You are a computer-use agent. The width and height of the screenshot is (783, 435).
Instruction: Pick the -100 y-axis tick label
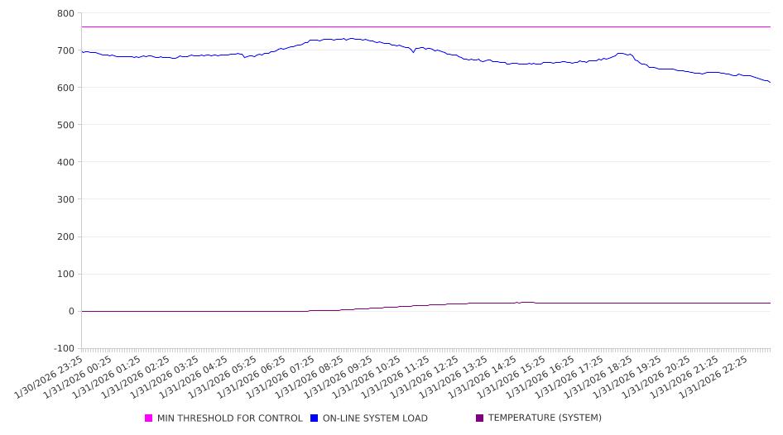pyautogui.click(x=64, y=348)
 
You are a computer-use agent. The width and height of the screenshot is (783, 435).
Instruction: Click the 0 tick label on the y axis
pyautogui.click(x=71, y=311)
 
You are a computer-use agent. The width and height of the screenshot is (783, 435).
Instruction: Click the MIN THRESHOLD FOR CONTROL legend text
pyautogui.click(x=229, y=418)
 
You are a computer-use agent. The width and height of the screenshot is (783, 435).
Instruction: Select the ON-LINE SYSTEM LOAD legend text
pyautogui.click(x=375, y=418)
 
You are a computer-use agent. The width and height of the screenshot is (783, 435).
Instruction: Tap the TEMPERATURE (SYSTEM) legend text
pyautogui.click(x=544, y=418)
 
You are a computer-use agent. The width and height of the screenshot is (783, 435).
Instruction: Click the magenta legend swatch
pyautogui.click(x=149, y=418)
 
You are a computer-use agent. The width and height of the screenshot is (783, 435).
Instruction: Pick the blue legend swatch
pyautogui.click(x=315, y=418)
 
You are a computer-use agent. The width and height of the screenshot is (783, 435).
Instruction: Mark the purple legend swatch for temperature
pyautogui.click(x=480, y=418)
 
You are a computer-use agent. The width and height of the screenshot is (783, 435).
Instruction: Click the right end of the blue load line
pyautogui.click(x=770, y=82)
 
